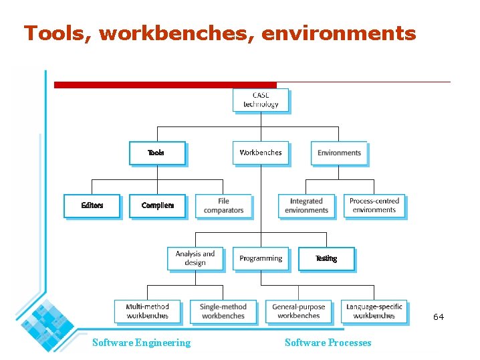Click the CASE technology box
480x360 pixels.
tap(261, 100)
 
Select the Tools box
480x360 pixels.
tap(157, 153)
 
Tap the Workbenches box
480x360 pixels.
tap(261, 153)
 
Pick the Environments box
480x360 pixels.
tap(339, 153)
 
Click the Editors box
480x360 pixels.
tap(92, 205)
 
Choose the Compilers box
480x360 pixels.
tap(158, 205)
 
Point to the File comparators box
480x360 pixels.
tap(224, 205)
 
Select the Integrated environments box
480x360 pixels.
tap(307, 205)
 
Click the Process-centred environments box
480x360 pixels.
tap(374, 205)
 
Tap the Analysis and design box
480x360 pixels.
tap(195, 258)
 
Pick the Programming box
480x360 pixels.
tap(261, 258)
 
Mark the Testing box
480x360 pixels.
tap(326, 258)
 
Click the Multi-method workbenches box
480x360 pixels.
tap(148, 311)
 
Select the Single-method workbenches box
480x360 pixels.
tap(223, 311)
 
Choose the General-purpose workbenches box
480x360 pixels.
tap(299, 311)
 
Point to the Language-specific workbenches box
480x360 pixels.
tap(374, 311)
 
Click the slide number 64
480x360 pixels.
tap(439, 317)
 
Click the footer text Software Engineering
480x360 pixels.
tap(141, 343)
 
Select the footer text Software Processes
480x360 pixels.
tap(328, 343)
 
